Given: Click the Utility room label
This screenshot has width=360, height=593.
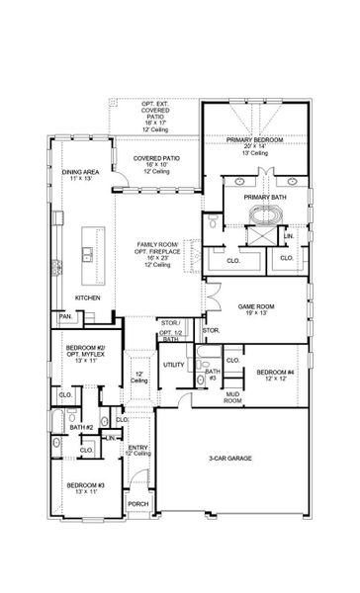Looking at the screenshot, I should pyautogui.click(x=174, y=365).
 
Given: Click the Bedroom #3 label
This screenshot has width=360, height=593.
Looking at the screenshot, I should pyautogui.click(x=85, y=485).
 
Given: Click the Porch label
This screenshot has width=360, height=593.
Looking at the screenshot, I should pyautogui.click(x=137, y=504).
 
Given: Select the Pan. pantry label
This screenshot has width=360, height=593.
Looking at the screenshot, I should pyautogui.click(x=65, y=316).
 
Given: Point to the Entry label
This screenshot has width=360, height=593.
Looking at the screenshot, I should pyautogui.click(x=138, y=448).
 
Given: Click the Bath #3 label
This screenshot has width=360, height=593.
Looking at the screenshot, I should pyautogui.click(x=211, y=373).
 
